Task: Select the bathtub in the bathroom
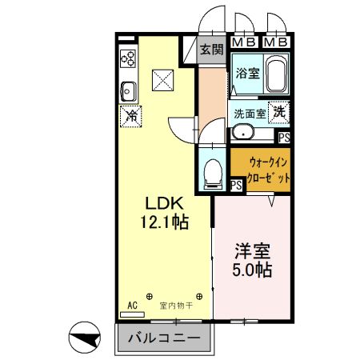277,75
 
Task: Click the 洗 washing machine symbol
280,113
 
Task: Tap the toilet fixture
214,171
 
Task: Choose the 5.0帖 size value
252,269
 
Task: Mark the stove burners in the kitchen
127,58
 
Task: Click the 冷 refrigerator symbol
131,116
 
